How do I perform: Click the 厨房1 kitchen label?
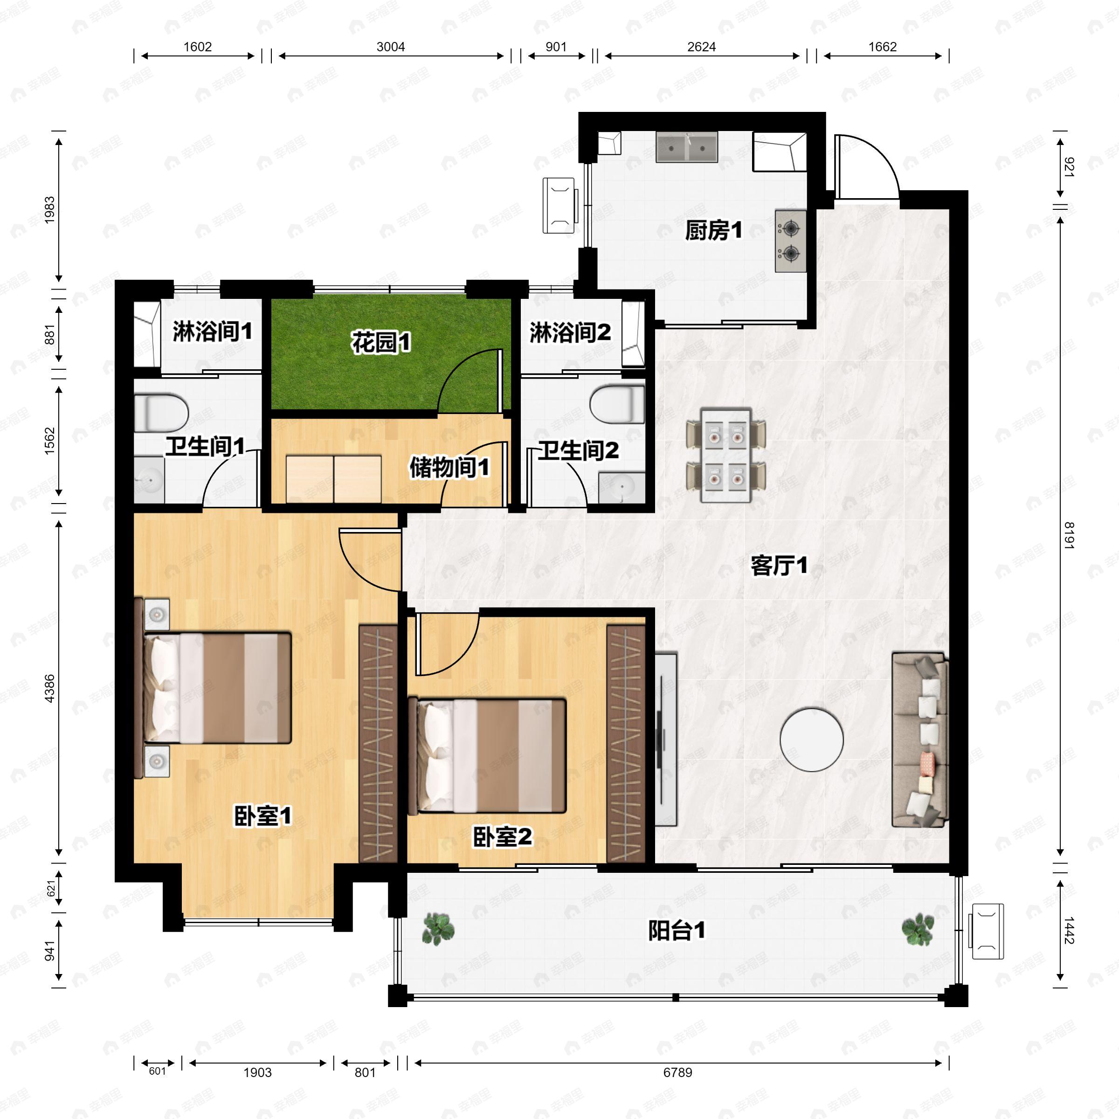pyautogui.click(x=713, y=230)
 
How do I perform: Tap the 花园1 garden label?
pyautogui.click(x=381, y=342)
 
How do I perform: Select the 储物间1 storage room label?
pyautogui.click(x=449, y=467)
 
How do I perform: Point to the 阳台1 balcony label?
pyautogui.click(x=677, y=931)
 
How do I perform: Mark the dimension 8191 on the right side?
pyautogui.click(x=1069, y=535)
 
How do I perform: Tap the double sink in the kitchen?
pyautogui.click(x=687, y=146)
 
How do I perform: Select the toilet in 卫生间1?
pyautogui.click(x=161, y=413)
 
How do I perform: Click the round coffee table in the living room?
pyautogui.click(x=811, y=739)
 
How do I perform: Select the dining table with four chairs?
pyautogui.click(x=726, y=456)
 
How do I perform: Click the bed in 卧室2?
pyautogui.click(x=486, y=756)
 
